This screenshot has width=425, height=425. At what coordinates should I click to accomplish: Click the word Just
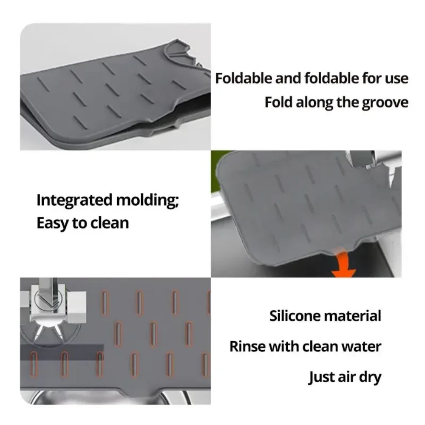[x=322, y=377]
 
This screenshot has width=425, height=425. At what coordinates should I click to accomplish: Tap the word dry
[x=368, y=377]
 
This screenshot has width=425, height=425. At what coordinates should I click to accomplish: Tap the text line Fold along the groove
[x=336, y=103]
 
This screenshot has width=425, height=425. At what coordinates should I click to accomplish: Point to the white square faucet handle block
[x=77, y=308]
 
